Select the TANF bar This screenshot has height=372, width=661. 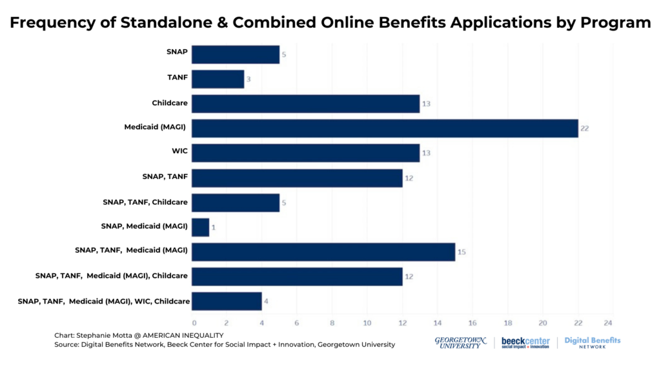218,79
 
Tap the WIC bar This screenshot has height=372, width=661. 305,153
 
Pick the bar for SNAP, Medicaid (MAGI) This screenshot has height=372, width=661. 200,227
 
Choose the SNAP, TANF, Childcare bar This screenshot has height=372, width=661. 235,202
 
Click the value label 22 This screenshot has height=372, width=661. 584,129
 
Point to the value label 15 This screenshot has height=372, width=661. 461,252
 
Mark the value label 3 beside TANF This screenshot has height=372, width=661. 249,79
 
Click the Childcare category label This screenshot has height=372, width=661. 170,103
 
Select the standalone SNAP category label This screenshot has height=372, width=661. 177,51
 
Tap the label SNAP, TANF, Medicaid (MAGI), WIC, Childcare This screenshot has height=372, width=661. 103,301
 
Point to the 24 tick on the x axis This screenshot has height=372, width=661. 607,323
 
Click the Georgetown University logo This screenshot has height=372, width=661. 461,342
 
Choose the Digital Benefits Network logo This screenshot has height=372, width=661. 592,342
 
